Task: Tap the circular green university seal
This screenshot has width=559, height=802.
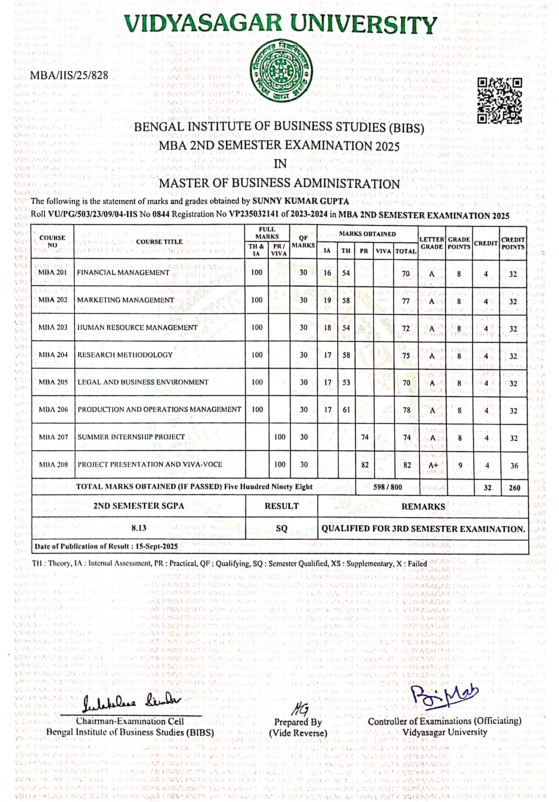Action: pyautogui.click(x=281, y=71)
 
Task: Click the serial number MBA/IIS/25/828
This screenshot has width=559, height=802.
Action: pyautogui.click(x=69, y=75)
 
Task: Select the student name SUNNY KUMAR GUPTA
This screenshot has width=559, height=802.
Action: pyautogui.click(x=301, y=201)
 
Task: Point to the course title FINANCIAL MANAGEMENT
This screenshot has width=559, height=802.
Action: pyautogui.click(x=123, y=272)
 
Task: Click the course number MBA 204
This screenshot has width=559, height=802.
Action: pyautogui.click(x=53, y=355)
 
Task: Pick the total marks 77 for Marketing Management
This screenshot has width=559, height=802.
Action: pyautogui.click(x=406, y=301)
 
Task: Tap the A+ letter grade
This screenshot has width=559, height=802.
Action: pyautogui.click(x=433, y=465)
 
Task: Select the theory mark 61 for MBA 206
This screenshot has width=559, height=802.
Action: pyautogui.click(x=346, y=410)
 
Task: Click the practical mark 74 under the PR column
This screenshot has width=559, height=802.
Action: pyautogui.click(x=365, y=437)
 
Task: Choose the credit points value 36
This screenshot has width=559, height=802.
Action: pyautogui.click(x=514, y=465)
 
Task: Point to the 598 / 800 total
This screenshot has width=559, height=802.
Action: pyautogui.click(x=387, y=487)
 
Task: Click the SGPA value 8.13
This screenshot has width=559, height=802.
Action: pyautogui.click(x=139, y=528)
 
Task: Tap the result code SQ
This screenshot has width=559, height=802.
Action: pyautogui.click(x=281, y=528)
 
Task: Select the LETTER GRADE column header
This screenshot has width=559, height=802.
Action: pyautogui.click(x=431, y=243)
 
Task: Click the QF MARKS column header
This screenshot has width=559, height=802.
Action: pyautogui.click(x=303, y=241)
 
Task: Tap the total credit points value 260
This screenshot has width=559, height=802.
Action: pyautogui.click(x=514, y=488)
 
